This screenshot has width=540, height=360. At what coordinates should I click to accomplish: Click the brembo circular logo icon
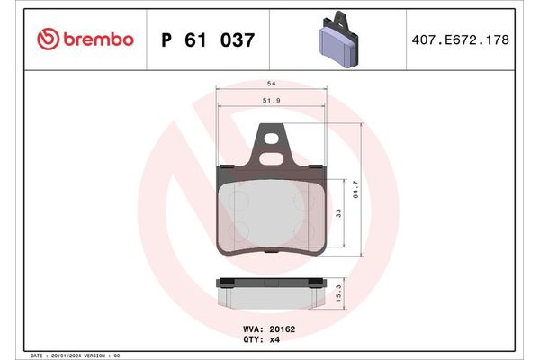click(49, 40)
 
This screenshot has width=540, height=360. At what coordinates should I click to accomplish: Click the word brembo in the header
click(98, 40)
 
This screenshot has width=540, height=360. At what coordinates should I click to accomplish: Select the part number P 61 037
click(207, 40)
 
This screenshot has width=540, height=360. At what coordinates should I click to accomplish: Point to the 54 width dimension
click(271, 82)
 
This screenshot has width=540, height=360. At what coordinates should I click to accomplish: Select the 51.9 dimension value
click(271, 101)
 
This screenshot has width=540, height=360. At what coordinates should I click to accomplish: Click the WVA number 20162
click(283, 329)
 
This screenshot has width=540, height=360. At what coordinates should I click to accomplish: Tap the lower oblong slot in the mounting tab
click(270, 156)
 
